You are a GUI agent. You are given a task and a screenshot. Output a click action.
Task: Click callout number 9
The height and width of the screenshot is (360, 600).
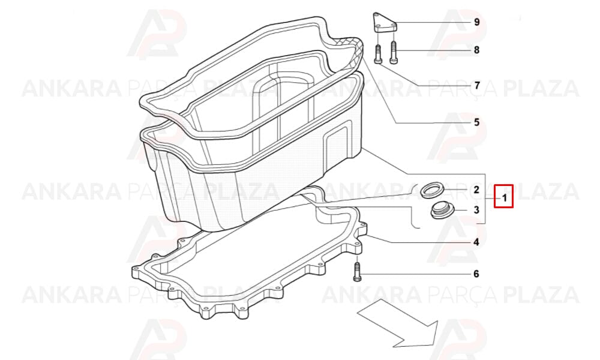pyautogui.click(x=476, y=22)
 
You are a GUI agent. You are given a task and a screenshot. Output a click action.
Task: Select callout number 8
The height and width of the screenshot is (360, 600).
pyautogui.click(x=476, y=50)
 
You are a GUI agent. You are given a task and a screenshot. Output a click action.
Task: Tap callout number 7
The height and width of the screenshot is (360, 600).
pyautogui.click(x=477, y=85)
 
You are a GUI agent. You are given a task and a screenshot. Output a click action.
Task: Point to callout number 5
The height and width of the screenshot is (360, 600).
pyautogui.click(x=476, y=122)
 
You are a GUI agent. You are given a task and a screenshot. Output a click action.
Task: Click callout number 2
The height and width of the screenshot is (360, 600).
pyautogui.click(x=476, y=190)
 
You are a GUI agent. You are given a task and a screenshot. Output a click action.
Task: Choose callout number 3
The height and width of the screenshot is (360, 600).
pyautogui.click(x=476, y=210)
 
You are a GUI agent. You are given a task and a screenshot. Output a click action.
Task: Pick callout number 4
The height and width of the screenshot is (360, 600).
pyautogui.click(x=476, y=242)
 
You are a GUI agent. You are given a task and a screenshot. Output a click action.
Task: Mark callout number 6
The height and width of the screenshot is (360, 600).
pyautogui.click(x=476, y=274)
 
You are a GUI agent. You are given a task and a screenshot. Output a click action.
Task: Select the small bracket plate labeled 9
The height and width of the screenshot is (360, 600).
pyautogui.click(x=385, y=23)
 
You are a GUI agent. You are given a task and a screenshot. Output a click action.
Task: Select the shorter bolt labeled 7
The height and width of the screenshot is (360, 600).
pyautogui.click(x=377, y=54)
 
